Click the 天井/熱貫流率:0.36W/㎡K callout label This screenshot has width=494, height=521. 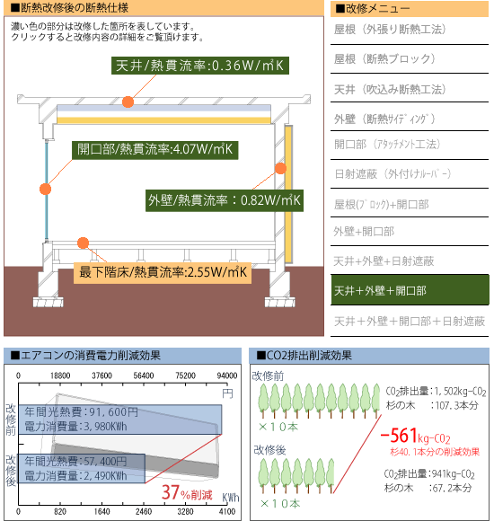click(200, 66)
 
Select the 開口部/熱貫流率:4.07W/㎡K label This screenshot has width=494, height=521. click(154, 150)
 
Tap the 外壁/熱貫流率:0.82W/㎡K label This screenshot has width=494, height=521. click(225, 200)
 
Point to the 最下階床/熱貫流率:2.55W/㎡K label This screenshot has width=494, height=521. click(163, 272)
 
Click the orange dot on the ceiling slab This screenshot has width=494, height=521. click(128, 102)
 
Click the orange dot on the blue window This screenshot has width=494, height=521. click(45, 189)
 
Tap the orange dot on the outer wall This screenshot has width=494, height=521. click(281, 169)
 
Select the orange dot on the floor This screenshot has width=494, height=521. click(83, 243)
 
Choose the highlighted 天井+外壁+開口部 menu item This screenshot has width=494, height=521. click(410, 290)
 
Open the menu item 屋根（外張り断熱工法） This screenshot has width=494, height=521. click(390, 30)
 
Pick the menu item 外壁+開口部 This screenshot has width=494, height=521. click(364, 232)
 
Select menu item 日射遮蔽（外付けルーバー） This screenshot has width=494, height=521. click(393, 173)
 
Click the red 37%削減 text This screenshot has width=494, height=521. click(187, 493)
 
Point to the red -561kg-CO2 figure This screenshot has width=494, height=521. click(415, 436)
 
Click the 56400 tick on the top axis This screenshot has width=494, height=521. click(144, 375)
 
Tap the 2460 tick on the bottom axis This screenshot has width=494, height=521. click(144, 511)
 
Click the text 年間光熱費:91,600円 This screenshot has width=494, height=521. click(81, 412)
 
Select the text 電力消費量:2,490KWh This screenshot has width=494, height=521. click(75, 476)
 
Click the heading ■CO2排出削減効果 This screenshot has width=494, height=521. click(304, 356)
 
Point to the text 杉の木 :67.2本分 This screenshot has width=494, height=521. click(428, 488)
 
